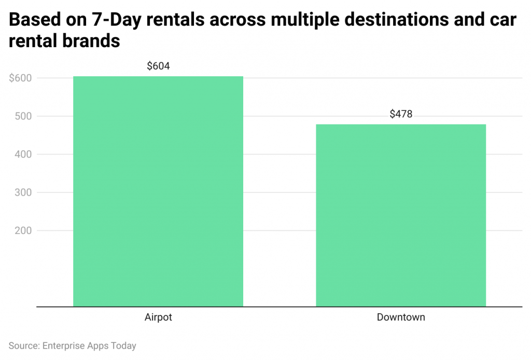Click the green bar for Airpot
click(158, 191)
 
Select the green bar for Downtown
click(401, 215)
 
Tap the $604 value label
click(158, 66)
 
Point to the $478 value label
click(401, 114)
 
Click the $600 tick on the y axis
click(20, 78)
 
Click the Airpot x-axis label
click(158, 317)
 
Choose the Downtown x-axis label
click(401, 317)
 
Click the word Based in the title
click(31, 20)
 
